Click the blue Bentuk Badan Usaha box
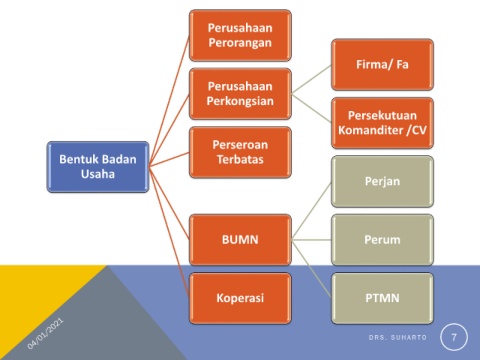(x=98, y=167)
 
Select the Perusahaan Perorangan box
(x=240, y=35)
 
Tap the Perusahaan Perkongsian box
(x=240, y=94)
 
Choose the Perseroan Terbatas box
(x=240, y=152)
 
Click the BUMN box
(x=240, y=240)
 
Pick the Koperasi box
(x=240, y=298)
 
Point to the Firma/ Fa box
(x=382, y=64)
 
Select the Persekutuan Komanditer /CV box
(x=382, y=123)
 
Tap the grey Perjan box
(x=382, y=181)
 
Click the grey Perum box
(x=382, y=240)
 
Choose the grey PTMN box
(x=382, y=298)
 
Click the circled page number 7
(x=454, y=337)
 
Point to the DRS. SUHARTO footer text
(x=398, y=337)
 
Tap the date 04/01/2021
(x=45, y=334)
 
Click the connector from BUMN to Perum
(x=311, y=240)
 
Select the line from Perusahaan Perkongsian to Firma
(x=311, y=79)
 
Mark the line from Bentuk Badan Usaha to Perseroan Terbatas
(x=169, y=159)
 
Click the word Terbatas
(x=240, y=159)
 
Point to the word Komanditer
(x=371, y=130)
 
